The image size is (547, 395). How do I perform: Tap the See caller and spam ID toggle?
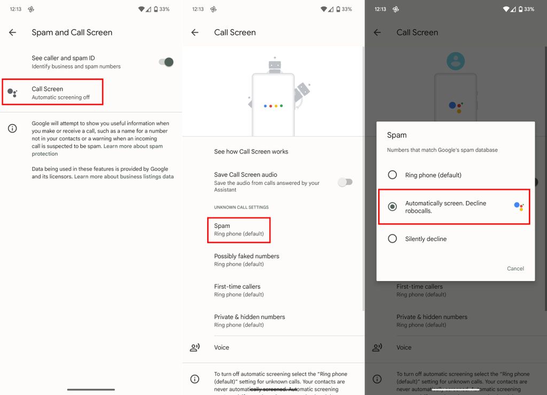(166, 62)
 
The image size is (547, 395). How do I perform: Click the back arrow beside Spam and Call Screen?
(13, 33)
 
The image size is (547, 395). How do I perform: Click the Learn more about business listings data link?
(124, 176)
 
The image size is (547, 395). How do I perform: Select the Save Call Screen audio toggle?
(346, 182)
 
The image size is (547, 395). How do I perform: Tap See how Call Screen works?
(251, 152)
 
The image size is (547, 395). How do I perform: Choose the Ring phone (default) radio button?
(393, 175)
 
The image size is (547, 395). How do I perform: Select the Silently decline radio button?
(393, 239)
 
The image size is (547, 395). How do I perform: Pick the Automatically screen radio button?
(393, 207)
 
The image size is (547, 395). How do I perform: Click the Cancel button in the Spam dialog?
(515, 268)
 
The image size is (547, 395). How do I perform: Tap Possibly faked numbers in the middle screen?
(247, 260)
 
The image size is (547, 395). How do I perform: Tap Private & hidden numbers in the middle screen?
(249, 321)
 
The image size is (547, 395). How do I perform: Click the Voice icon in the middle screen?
(195, 347)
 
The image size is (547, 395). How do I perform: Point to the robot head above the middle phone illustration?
(275, 65)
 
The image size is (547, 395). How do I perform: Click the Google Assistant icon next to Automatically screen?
(519, 206)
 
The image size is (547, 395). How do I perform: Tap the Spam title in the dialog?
(397, 135)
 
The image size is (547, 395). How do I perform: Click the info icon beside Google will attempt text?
(12, 128)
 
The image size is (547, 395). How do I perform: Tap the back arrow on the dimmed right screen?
(377, 33)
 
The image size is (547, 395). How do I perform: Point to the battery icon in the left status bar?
(156, 9)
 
